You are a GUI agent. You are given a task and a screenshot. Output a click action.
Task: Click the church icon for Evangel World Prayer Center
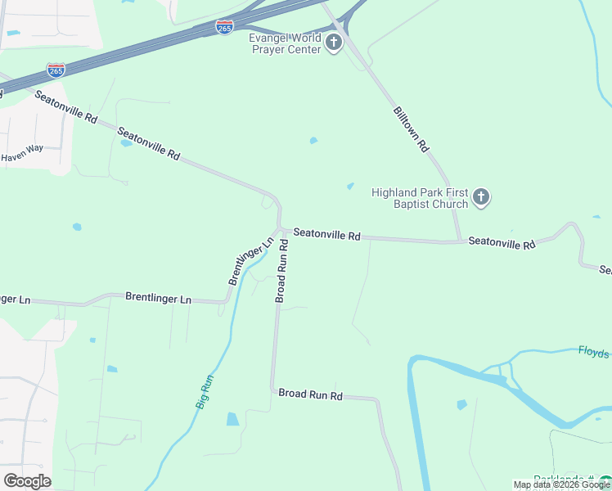[333, 43]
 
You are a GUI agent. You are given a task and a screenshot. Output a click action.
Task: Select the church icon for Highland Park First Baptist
[481, 196]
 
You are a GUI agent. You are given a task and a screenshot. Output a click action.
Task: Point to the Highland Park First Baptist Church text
[420, 198]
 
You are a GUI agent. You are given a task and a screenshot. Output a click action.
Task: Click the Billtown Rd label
[411, 129]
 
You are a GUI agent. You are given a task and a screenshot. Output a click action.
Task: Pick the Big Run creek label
[205, 391]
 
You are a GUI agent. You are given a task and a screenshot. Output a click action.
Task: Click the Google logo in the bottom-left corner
[27, 481]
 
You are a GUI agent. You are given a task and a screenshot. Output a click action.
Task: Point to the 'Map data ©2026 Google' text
[561, 484]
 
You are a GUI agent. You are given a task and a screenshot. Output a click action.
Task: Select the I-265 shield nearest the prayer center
[224, 27]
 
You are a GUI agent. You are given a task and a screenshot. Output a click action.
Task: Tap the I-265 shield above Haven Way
[56, 70]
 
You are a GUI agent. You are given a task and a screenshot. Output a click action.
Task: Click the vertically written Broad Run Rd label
[281, 271]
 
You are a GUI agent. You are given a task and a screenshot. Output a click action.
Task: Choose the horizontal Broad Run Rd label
[310, 394]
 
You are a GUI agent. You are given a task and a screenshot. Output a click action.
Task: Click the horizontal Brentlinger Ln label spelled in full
[158, 299]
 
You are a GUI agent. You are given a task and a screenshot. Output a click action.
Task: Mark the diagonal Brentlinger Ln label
[250, 261]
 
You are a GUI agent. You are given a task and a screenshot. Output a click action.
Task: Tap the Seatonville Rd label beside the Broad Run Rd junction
[326, 234]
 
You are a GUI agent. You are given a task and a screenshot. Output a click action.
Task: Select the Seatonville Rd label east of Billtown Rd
[502, 244]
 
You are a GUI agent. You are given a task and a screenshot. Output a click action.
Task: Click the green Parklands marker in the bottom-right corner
[605, 482]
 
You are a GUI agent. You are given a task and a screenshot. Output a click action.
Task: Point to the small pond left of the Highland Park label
[350, 186]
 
